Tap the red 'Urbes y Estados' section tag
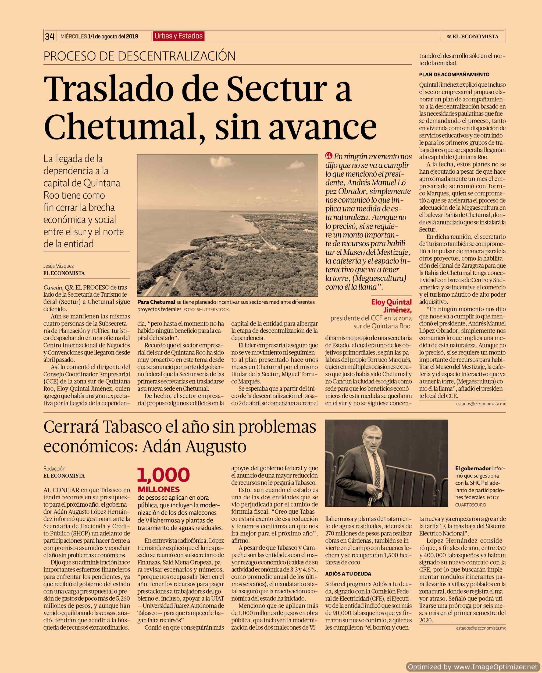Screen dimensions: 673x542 coord(179,36)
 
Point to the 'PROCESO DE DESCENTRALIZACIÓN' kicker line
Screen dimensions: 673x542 coord(140,56)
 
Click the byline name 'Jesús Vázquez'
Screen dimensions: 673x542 coord(59,266)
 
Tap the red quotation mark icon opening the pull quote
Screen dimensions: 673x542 coord(328,156)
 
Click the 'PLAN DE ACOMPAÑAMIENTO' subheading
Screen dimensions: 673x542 coord(454,75)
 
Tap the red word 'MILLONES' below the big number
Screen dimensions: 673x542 coord(159,489)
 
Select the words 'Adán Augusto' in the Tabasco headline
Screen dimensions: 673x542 coord(194,447)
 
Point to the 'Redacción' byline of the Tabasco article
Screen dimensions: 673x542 coord(55,469)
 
